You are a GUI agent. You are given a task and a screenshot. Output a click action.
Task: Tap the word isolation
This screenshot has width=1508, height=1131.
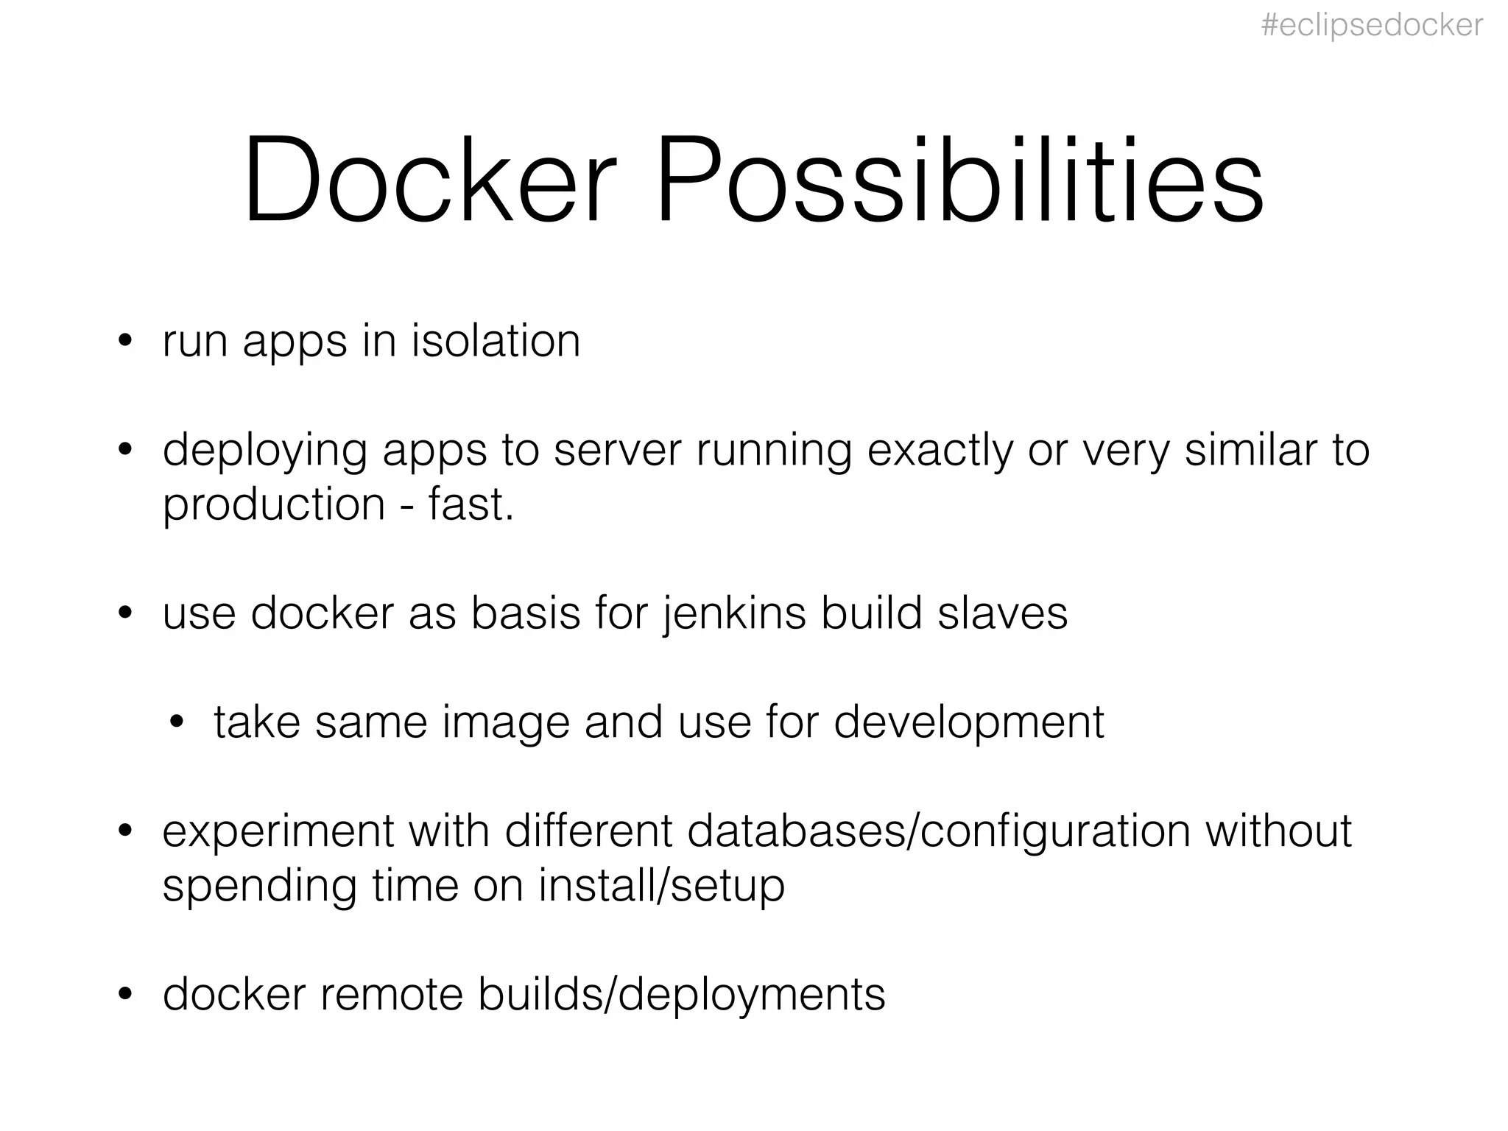496,342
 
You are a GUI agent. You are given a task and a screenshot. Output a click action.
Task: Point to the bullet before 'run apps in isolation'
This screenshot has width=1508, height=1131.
125,342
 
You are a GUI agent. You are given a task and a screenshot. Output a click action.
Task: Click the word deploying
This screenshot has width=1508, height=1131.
264,451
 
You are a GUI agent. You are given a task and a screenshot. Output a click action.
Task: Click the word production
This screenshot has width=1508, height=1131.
274,506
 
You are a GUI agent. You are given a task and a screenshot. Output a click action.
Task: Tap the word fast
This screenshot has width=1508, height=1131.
471,504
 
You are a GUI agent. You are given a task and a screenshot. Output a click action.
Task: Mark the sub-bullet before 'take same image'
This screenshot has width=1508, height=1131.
176,722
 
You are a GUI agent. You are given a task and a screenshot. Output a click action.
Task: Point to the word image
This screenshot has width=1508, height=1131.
506,722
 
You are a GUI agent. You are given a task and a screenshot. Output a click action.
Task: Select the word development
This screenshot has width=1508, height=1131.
969,722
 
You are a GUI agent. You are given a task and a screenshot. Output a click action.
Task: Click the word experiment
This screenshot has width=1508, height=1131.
278,831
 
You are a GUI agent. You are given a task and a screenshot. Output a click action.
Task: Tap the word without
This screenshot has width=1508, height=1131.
1278,830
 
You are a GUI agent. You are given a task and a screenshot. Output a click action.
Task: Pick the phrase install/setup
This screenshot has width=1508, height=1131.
661,886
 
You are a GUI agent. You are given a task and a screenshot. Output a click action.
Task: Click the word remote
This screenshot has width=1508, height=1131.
391,995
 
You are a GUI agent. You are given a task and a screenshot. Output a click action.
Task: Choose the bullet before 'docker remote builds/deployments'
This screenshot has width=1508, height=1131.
125,995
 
